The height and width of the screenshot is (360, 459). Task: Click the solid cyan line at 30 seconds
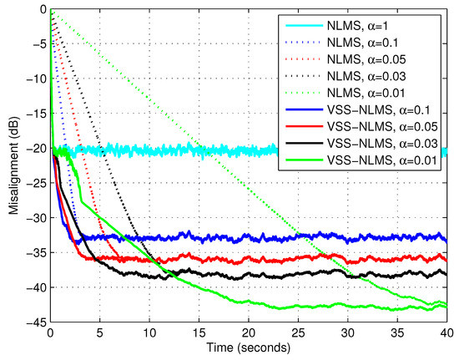click(348, 151)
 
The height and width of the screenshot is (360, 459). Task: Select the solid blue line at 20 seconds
click(249, 237)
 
